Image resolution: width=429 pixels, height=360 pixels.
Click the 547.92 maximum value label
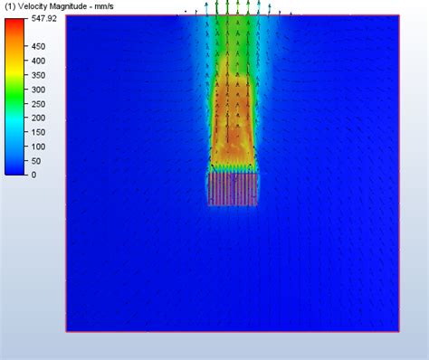[x=44, y=18]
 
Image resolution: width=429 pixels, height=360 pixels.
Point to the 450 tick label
[x=39, y=46]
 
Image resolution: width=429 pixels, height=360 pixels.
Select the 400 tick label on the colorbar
[x=39, y=61]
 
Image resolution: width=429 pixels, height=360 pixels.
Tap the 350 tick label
[x=39, y=75]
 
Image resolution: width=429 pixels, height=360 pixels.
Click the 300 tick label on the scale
[x=39, y=90]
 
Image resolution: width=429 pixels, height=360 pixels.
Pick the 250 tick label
[x=39, y=104]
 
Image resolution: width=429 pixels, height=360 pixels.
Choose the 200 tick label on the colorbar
[x=39, y=118]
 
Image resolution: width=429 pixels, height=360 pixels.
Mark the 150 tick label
[x=39, y=132]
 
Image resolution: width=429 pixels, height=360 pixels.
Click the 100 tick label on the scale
[x=39, y=147]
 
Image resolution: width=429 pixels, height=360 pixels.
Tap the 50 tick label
[x=36, y=161]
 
